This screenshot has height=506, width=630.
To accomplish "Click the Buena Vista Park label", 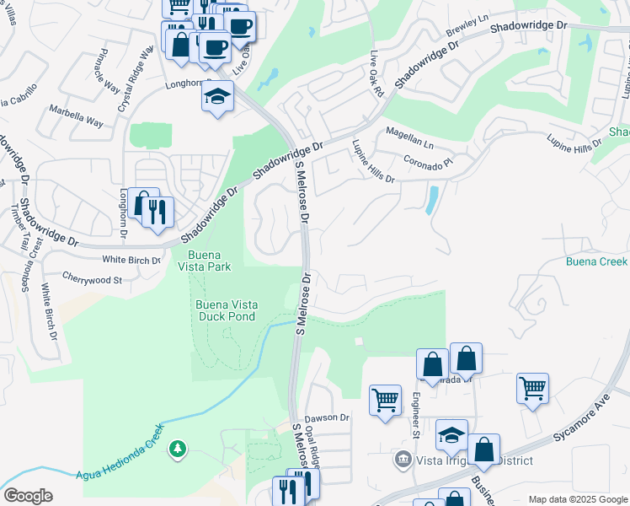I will [x=210, y=261].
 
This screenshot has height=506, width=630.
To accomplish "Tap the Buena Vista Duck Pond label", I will [x=227, y=312].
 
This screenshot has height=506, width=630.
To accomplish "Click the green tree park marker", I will [x=178, y=448].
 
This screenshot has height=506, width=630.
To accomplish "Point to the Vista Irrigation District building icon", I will [x=403, y=460].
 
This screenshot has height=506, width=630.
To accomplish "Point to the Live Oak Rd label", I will [x=376, y=72].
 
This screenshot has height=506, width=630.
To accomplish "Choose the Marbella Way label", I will [x=76, y=116].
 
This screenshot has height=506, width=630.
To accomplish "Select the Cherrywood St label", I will [x=93, y=277].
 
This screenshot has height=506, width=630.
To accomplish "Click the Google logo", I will [x=28, y=496].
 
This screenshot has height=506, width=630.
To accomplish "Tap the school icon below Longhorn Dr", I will [x=217, y=98].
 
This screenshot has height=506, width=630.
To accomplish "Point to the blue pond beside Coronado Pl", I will [x=432, y=200].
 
